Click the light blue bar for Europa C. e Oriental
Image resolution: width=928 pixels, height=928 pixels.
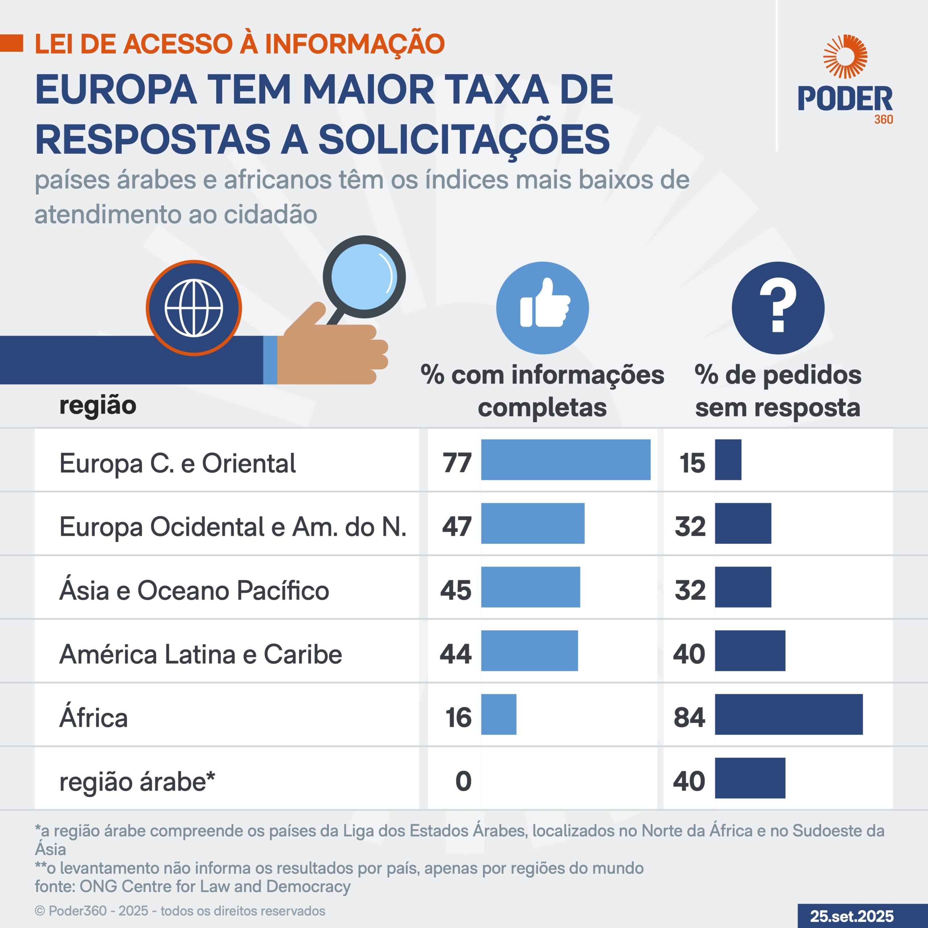pyautogui.click(x=565, y=460)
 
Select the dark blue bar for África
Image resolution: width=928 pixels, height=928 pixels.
pyautogui.click(x=788, y=714)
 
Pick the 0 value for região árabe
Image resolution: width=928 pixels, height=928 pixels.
pyautogui.click(x=463, y=781)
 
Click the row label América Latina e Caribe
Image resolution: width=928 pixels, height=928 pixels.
pyautogui.click(x=201, y=654)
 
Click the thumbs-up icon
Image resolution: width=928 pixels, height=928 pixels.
pyautogui.click(x=542, y=308)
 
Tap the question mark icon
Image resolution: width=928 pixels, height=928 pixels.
pyautogui.click(x=778, y=308)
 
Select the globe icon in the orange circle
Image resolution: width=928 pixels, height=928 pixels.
pyautogui.click(x=194, y=308)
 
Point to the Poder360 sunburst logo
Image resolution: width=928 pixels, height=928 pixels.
pyautogui.click(x=845, y=57)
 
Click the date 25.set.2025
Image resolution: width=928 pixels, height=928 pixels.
pyautogui.click(x=852, y=916)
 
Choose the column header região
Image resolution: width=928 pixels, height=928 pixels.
pyautogui.click(x=98, y=405)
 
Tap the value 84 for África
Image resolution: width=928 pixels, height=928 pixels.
pyautogui.click(x=689, y=718)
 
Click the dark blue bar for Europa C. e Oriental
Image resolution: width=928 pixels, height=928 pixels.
pyautogui.click(x=728, y=460)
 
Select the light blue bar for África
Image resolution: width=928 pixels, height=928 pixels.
pyautogui.click(x=498, y=714)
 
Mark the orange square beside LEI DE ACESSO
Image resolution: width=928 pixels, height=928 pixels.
pyautogui.click(x=12, y=43)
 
